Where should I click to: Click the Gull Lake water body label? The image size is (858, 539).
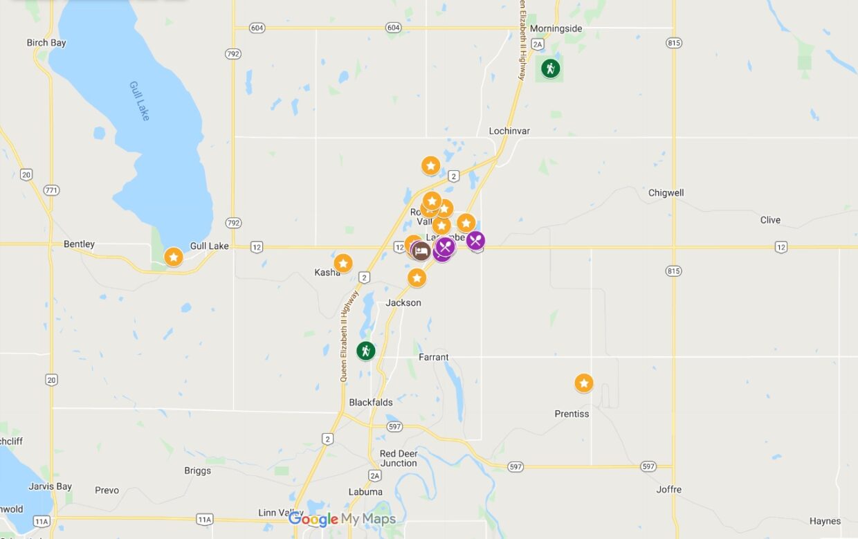coord(139,101)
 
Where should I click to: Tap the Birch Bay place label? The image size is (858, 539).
coord(46,43)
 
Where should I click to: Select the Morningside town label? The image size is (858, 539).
coord(556,28)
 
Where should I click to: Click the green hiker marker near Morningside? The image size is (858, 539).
coord(550,68)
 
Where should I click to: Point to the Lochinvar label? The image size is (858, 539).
coord(509,131)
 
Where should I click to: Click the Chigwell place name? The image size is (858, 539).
coord(666,193)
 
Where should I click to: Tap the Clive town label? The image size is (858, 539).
coord(769,220)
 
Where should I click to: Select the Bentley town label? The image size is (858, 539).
coord(79,244)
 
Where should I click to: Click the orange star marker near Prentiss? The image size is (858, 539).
coord(584,383)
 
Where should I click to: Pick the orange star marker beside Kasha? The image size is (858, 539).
coord(343,263)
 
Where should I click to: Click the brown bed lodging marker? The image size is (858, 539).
coord(420,250)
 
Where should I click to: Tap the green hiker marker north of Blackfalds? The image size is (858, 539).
coord(365,351)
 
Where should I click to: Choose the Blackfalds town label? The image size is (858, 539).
coord(371,403)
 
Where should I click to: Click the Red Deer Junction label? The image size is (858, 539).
coord(399,459)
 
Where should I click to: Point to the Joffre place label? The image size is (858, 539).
coord(668,490)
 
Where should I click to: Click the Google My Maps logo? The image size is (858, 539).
coord(342,519)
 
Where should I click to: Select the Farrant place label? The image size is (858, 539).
coord(434,358)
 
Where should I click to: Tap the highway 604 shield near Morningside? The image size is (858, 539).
coord(393,28)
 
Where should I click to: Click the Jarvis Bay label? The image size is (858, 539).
coord(50,486)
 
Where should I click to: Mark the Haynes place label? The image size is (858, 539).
coord(825,521)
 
